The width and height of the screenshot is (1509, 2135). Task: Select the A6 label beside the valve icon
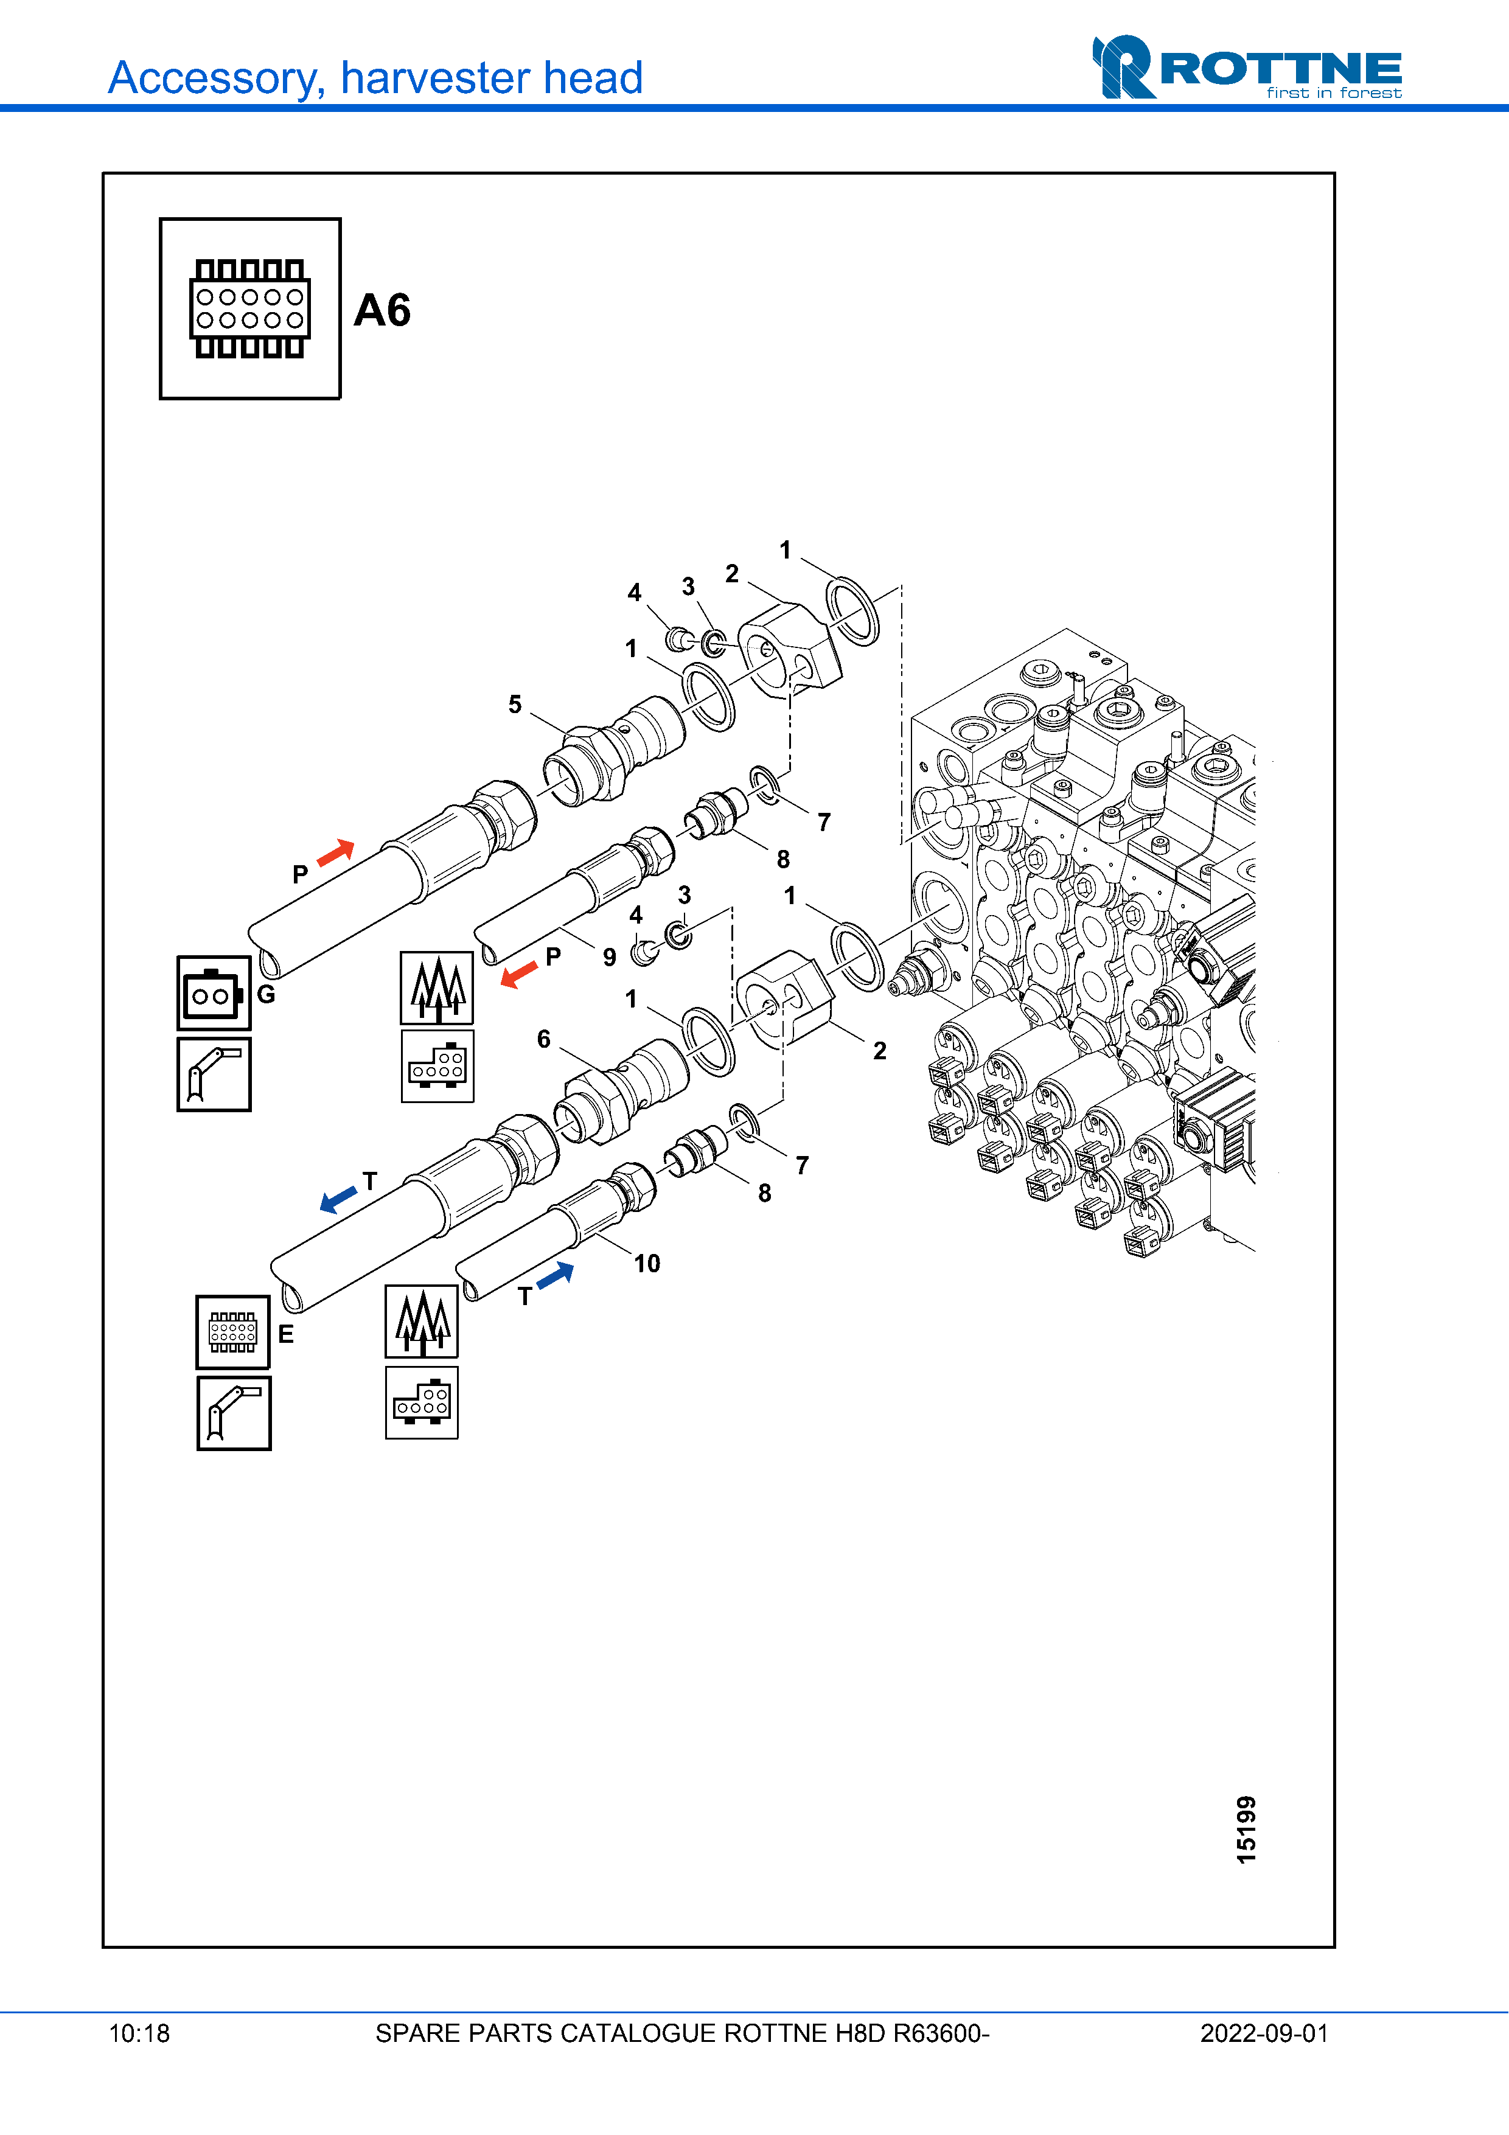(382, 310)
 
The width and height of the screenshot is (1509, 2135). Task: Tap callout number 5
(514, 704)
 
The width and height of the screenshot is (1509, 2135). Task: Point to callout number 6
(544, 1039)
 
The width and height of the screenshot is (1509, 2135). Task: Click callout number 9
(609, 957)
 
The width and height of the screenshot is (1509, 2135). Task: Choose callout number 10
(647, 1263)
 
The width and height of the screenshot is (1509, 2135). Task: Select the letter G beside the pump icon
(266, 994)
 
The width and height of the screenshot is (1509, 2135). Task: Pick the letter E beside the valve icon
(285, 1334)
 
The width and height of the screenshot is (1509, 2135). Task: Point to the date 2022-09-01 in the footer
(1264, 2033)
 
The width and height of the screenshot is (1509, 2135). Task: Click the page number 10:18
(139, 2033)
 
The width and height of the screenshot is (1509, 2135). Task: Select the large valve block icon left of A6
(250, 308)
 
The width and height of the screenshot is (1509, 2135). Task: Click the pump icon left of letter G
(214, 993)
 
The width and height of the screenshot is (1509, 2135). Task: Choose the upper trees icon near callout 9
(437, 987)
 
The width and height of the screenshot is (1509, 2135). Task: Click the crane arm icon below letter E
(234, 1413)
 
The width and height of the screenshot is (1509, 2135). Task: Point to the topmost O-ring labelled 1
(852, 610)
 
